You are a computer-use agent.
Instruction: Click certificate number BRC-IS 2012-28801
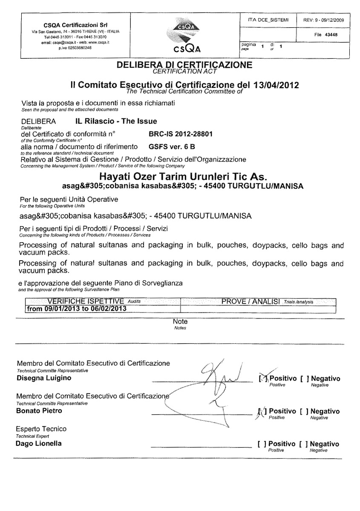[181, 134]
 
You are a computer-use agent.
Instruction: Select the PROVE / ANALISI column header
[251, 301]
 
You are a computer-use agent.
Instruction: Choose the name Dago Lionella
[39, 444]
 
